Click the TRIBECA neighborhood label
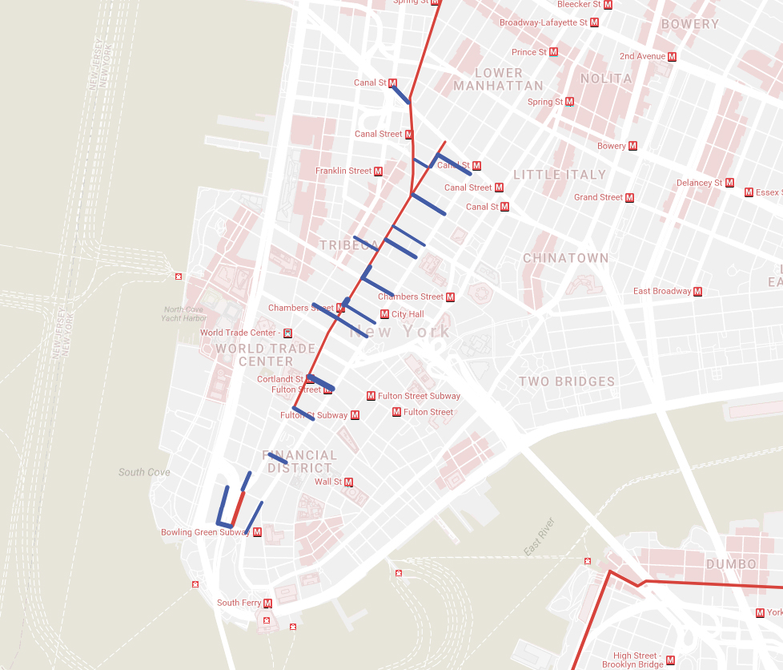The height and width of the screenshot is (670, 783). [349, 244]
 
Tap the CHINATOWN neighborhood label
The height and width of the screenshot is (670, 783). [565, 258]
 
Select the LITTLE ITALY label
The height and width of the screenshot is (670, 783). [560, 175]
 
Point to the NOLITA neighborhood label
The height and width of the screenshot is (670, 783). [606, 79]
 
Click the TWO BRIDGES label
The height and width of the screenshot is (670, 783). [567, 381]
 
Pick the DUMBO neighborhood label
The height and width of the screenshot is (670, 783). [731, 564]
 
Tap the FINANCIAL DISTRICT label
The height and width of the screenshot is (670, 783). [299, 461]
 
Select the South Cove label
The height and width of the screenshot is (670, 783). [144, 472]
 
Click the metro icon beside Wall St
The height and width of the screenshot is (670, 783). [348, 482]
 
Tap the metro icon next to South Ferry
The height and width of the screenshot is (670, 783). [267, 603]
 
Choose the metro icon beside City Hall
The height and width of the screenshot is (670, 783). [384, 314]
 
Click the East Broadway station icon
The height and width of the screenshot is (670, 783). [698, 291]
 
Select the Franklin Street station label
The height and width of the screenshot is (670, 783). [343, 171]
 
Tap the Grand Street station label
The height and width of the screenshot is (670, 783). [598, 197]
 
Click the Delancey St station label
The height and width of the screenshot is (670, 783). [699, 183]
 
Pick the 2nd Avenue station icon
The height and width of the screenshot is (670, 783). [672, 56]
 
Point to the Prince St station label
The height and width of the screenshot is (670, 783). [529, 52]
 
